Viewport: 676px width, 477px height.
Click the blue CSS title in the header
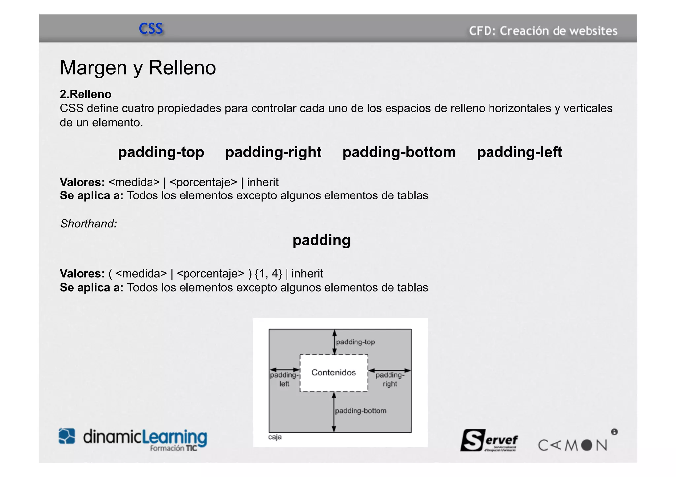(151, 29)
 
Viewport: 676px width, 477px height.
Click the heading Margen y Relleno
(138, 68)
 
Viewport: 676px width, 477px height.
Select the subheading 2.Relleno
(85, 94)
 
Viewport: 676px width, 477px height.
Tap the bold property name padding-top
(161, 152)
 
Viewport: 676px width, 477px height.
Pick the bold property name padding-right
(273, 152)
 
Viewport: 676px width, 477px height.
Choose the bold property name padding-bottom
(399, 152)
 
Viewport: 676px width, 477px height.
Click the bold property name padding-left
(519, 152)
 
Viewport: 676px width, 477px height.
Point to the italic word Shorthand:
(88, 224)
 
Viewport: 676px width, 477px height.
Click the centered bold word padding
(321, 240)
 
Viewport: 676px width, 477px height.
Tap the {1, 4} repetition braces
(269, 274)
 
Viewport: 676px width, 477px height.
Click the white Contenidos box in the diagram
(334, 373)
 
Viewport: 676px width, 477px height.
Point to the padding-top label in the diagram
(355, 342)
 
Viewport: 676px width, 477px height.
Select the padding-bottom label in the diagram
(360, 411)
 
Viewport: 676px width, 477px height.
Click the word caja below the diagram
(275, 437)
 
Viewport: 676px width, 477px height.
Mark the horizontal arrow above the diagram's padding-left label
(285, 370)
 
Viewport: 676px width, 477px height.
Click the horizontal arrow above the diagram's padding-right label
(389, 370)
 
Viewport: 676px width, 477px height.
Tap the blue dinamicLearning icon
(67, 436)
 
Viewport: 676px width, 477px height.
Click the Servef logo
(489, 440)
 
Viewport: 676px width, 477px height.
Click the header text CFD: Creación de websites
(543, 31)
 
